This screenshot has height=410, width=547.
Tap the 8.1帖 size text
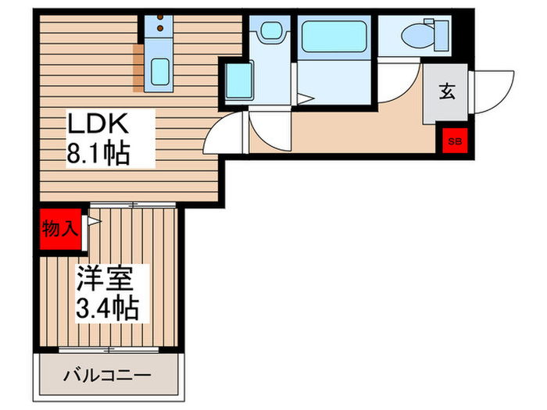pyautogui.click(x=97, y=151)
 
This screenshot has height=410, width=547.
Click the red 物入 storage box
pyautogui.click(x=59, y=229)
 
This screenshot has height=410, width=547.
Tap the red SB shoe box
pyautogui.click(x=453, y=142)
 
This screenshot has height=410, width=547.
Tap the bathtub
pyautogui.click(x=333, y=37)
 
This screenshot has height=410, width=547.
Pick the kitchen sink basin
pyautogui.click(x=162, y=73)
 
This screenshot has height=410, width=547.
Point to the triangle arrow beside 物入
pyautogui.click(x=94, y=222)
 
